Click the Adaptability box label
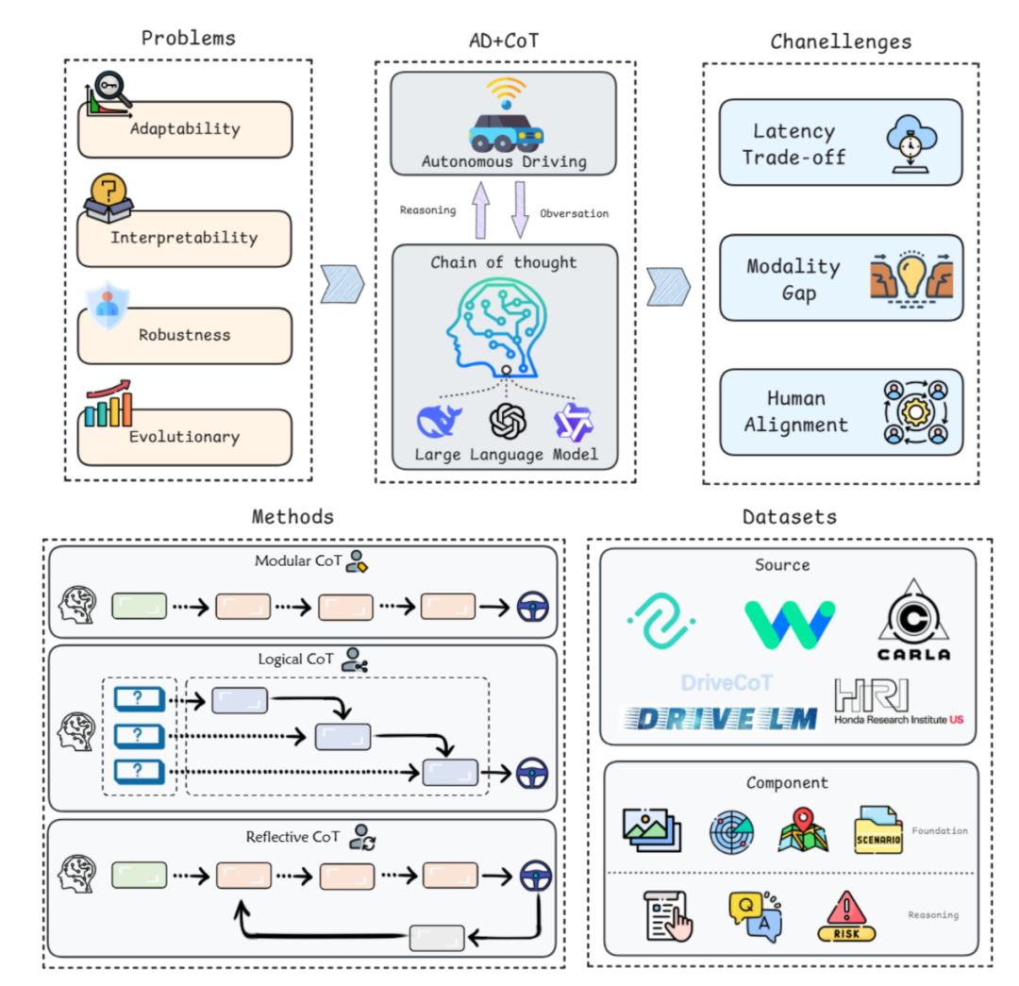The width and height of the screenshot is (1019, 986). (x=185, y=129)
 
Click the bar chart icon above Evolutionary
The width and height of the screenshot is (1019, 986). (x=107, y=404)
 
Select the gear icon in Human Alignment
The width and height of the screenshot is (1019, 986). (x=911, y=412)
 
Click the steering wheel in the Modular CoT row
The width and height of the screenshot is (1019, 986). (x=533, y=606)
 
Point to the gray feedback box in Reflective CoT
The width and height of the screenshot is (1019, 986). (x=437, y=938)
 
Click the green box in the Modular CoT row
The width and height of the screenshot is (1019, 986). (x=139, y=606)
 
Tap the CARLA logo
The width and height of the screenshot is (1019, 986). (x=913, y=621)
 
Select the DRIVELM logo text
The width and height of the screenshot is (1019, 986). (x=719, y=718)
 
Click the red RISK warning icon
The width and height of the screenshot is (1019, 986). (x=846, y=916)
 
